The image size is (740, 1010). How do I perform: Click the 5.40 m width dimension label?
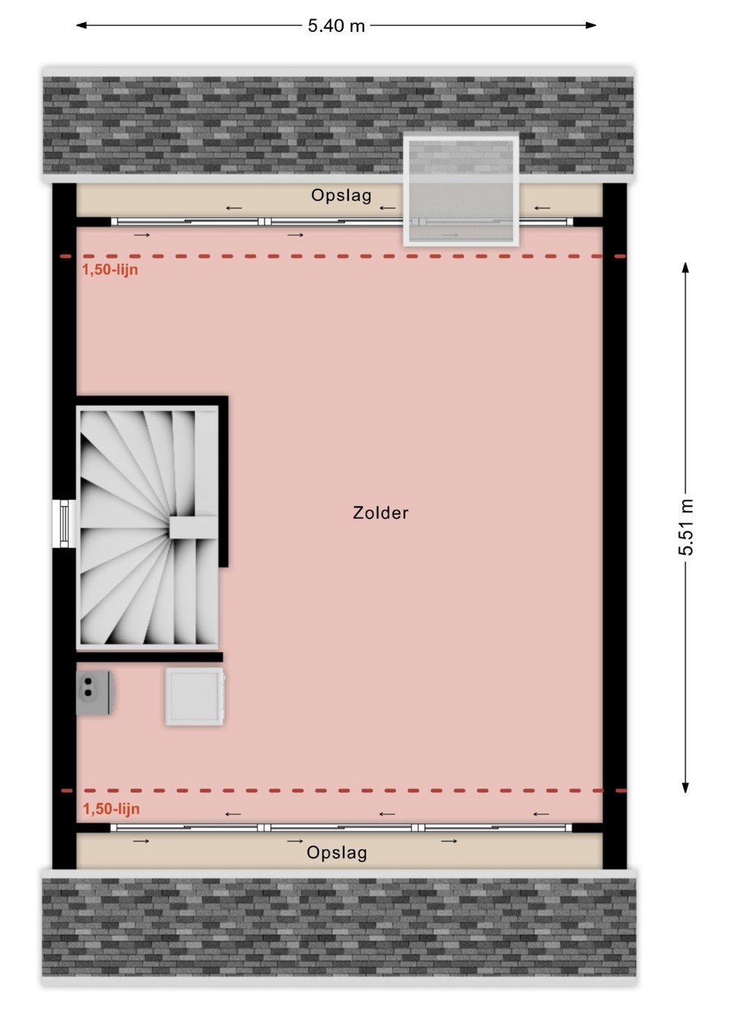coord(336,26)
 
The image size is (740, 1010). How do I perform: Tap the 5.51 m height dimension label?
coord(686,527)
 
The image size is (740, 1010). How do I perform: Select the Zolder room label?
coord(380,513)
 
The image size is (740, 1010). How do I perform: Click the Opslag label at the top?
coord(341,196)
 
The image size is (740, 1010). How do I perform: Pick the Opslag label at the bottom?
coord(337,853)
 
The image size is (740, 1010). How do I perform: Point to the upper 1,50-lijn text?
coord(110,270)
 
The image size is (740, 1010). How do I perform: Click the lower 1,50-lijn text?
coord(111,809)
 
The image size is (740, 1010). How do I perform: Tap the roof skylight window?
coord(461,190)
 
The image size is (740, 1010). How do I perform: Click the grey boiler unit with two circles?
coord(94,692)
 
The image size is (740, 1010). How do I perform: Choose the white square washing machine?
coord(194,697)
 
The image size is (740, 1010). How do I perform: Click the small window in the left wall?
coord(63,524)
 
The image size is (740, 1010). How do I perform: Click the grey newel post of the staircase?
coord(193,527)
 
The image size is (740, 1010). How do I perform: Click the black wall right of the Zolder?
coord(614,526)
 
